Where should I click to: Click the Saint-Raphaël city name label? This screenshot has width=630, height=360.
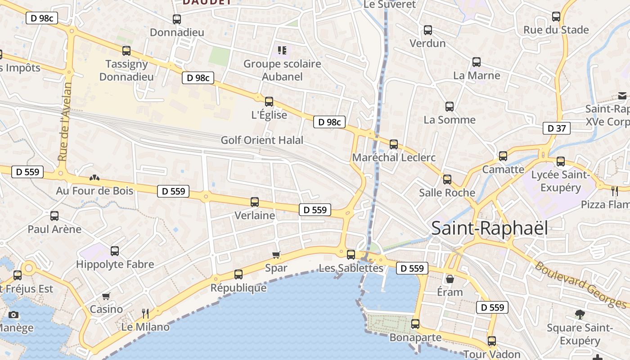tap(490, 228)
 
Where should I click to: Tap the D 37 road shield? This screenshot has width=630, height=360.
tap(557, 128)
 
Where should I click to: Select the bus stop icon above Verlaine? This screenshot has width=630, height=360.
tap(255, 202)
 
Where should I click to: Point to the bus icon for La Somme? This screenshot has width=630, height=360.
tap(450, 107)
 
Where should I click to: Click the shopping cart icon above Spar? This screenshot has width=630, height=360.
tap(276, 255)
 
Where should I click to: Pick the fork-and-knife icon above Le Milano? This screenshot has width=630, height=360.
tap(145, 313)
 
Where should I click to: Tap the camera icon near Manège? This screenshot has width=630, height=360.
tap(13, 315)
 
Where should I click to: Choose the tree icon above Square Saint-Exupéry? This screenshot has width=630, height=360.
tap(580, 315)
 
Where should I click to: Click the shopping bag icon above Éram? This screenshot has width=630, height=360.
tap(450, 279)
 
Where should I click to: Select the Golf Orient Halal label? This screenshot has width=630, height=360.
tap(262, 140)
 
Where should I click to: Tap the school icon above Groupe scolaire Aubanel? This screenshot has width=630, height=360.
tap(282, 50)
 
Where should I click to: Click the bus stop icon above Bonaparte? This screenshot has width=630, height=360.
tap(415, 324)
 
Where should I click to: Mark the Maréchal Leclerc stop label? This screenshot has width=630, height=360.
tap(394, 157)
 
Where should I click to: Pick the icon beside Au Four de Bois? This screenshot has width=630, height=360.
tap(94, 178)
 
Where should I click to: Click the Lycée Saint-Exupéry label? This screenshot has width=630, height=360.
tap(560, 181)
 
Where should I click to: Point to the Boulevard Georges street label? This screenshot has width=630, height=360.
tap(580, 285)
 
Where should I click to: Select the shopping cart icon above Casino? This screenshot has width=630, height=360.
tap(106, 296)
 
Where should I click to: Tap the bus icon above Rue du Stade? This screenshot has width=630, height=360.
tap(556, 17)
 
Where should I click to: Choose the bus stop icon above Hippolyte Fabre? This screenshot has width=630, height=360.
tap(115, 251)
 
